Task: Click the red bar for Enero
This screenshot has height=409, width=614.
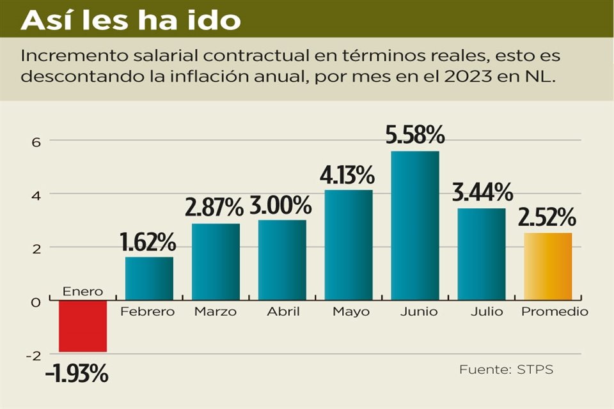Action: point(83,326)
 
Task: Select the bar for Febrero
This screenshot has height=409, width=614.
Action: point(149,279)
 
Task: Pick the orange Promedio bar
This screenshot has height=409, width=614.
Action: point(548,266)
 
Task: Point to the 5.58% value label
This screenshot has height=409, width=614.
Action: point(415,135)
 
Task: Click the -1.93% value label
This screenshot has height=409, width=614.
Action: point(77,374)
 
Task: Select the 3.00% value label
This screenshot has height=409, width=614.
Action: point(282,206)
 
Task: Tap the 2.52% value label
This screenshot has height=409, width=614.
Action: point(547,218)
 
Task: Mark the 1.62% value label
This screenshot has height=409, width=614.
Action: point(149,242)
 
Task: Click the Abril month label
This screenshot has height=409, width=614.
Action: point(282,312)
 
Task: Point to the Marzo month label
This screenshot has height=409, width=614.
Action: point(216,312)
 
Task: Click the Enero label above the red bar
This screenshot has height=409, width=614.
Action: point(83,291)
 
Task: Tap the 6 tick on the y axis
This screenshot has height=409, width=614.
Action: point(36,141)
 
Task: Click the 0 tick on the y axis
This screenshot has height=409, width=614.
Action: point(36,302)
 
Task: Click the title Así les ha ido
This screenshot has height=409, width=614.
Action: point(131,20)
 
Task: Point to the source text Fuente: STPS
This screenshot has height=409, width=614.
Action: point(505,369)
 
